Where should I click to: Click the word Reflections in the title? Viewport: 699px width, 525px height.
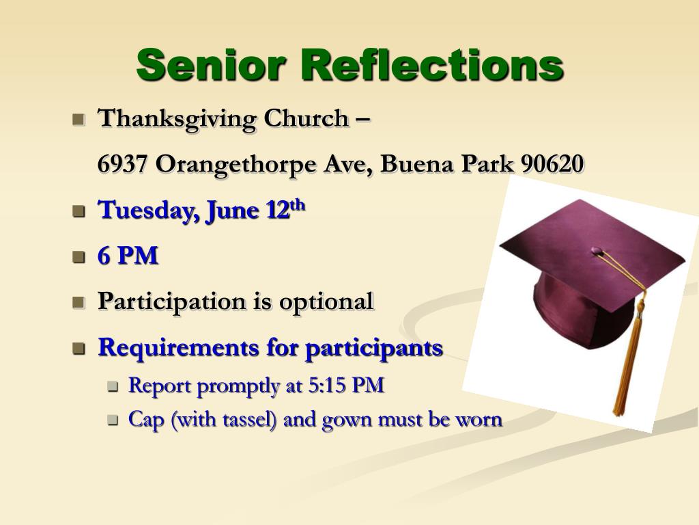pyautogui.click(x=432, y=65)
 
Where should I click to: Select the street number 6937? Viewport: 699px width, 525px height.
pyautogui.click(x=124, y=164)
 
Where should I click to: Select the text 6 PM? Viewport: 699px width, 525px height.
pyautogui.click(x=128, y=256)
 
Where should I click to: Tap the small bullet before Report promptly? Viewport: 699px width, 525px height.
pyautogui.click(x=113, y=387)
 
